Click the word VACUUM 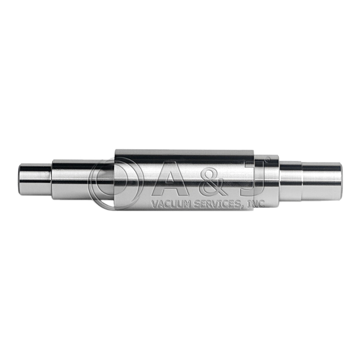[170, 204]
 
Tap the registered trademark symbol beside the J [267, 159]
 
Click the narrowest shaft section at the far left [35, 179]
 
